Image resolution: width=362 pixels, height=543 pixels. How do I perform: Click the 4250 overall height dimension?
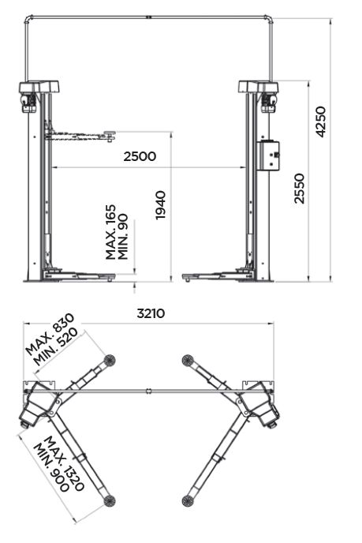[x=320, y=122]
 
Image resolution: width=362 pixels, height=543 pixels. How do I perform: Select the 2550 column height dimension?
[x=299, y=189]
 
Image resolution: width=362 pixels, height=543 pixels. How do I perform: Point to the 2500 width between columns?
[x=140, y=156]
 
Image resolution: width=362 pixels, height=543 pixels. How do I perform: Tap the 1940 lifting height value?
[x=161, y=204]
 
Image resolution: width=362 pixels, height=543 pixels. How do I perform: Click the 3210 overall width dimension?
[x=151, y=313]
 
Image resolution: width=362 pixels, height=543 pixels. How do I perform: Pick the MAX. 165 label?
[x=110, y=232]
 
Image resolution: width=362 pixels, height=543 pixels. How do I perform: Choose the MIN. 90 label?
[x=123, y=237]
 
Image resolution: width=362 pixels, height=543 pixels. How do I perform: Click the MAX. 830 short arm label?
[x=50, y=335]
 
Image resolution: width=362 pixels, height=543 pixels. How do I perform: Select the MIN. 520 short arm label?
[x=56, y=347]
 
